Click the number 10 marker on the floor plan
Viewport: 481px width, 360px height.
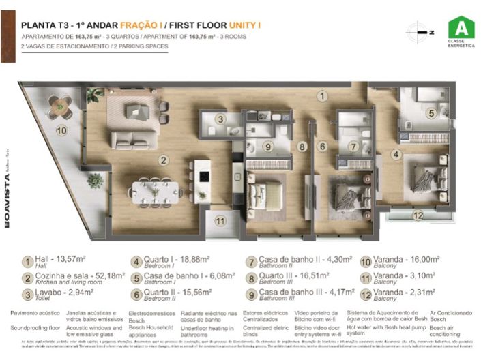[61, 130]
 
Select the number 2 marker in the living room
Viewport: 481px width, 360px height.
[163, 161]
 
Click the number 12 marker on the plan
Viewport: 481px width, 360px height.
[418, 215]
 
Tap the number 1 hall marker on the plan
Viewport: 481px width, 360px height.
[321, 97]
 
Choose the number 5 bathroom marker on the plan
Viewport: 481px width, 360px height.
[431, 114]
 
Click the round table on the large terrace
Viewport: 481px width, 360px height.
[62, 105]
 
